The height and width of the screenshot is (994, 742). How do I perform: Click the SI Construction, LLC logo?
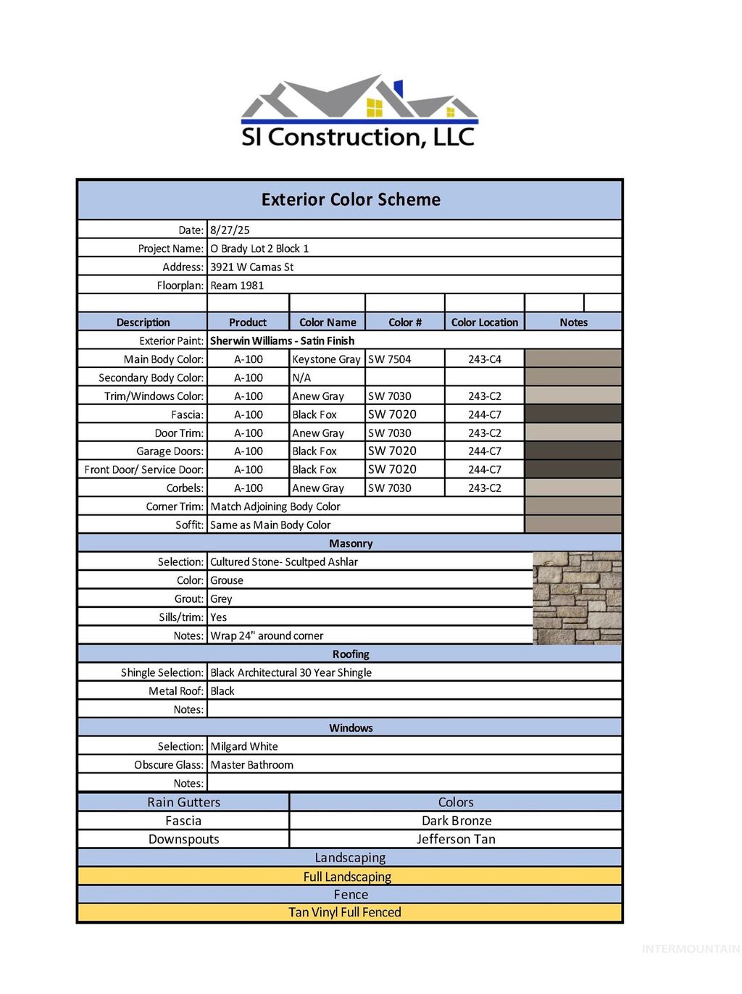(x=358, y=112)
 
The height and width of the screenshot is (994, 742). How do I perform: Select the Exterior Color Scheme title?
(x=351, y=200)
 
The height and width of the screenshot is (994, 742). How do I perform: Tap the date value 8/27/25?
(x=230, y=230)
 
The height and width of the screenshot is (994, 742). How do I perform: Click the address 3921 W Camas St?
(x=251, y=267)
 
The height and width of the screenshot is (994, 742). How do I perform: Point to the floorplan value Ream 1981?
(x=237, y=285)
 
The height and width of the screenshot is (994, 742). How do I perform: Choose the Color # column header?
(x=405, y=322)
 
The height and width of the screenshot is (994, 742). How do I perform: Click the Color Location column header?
(x=484, y=322)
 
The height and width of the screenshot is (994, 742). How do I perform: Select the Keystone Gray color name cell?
(x=326, y=359)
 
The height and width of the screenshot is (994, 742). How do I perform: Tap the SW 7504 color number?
(x=389, y=359)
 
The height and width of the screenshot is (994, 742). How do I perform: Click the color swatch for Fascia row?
(x=572, y=414)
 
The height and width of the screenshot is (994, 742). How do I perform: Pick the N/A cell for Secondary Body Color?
(x=301, y=377)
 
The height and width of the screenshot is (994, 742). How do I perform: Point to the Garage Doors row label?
(x=170, y=451)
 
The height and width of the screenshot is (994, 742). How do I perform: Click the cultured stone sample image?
(x=577, y=598)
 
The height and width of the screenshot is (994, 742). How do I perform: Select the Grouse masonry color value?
(x=227, y=580)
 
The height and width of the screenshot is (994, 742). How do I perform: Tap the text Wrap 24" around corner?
(x=267, y=636)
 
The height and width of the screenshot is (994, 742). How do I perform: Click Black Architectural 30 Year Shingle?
(x=291, y=673)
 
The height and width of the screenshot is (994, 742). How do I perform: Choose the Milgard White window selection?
(x=244, y=747)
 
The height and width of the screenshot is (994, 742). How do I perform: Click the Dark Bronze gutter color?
(x=457, y=821)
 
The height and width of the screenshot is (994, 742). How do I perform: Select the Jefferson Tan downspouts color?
(x=456, y=840)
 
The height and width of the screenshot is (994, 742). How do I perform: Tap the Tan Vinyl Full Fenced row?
(x=345, y=913)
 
